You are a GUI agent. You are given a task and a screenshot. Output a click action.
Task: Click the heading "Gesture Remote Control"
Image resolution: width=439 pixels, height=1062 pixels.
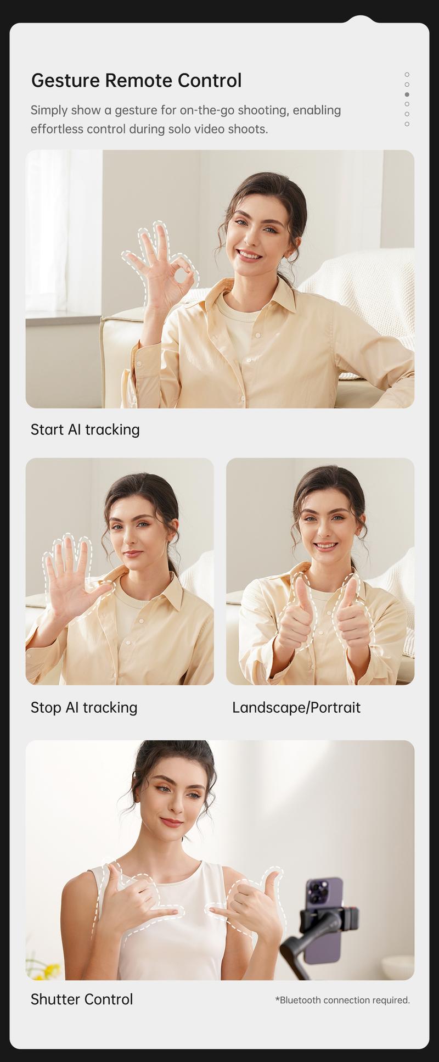point(136,81)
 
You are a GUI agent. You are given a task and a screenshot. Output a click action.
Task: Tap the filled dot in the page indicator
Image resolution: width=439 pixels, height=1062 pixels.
point(407,94)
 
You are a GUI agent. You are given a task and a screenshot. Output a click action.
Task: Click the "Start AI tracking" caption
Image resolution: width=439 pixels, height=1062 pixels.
point(85,429)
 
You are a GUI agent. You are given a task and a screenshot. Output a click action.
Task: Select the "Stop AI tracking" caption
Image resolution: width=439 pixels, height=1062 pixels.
point(84,707)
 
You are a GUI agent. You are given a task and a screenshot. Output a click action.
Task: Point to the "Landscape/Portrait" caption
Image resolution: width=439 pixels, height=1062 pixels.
point(296,707)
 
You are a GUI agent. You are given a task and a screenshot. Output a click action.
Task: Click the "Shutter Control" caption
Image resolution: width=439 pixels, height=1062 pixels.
point(82,999)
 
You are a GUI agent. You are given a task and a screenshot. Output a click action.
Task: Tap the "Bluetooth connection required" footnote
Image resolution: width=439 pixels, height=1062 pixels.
point(342,1000)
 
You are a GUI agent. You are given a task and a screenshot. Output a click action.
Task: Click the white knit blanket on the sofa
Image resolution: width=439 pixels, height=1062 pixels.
point(365,291)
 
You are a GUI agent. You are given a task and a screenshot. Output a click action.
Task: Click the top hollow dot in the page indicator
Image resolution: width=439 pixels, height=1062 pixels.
point(407,74)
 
